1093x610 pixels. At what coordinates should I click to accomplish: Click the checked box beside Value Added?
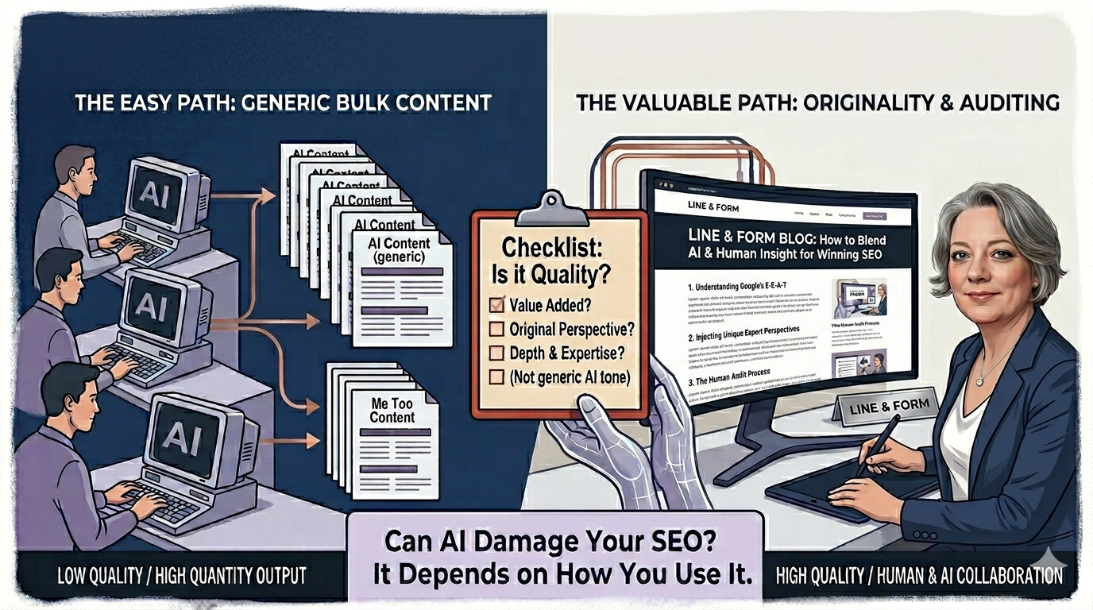496,303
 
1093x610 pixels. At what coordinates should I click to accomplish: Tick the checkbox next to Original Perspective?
496,328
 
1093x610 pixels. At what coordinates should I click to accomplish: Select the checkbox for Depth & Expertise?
496,352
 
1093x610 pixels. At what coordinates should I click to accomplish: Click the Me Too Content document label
392,410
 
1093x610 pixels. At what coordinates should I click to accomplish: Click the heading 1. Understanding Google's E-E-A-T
747,284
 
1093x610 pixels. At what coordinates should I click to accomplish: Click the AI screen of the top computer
156,195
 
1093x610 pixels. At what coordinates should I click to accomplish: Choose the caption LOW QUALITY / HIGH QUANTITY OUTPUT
182,574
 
